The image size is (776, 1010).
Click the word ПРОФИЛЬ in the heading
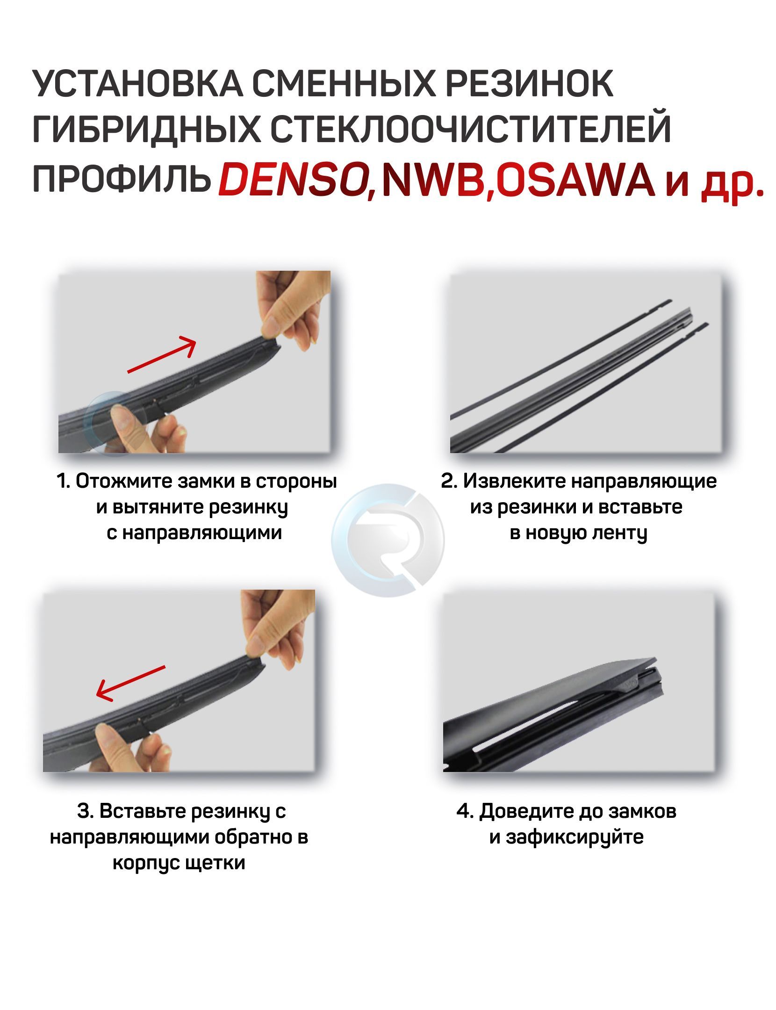121,178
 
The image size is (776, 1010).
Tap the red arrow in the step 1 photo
161,354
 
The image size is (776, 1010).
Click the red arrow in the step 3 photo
130,683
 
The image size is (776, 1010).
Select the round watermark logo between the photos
388,540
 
